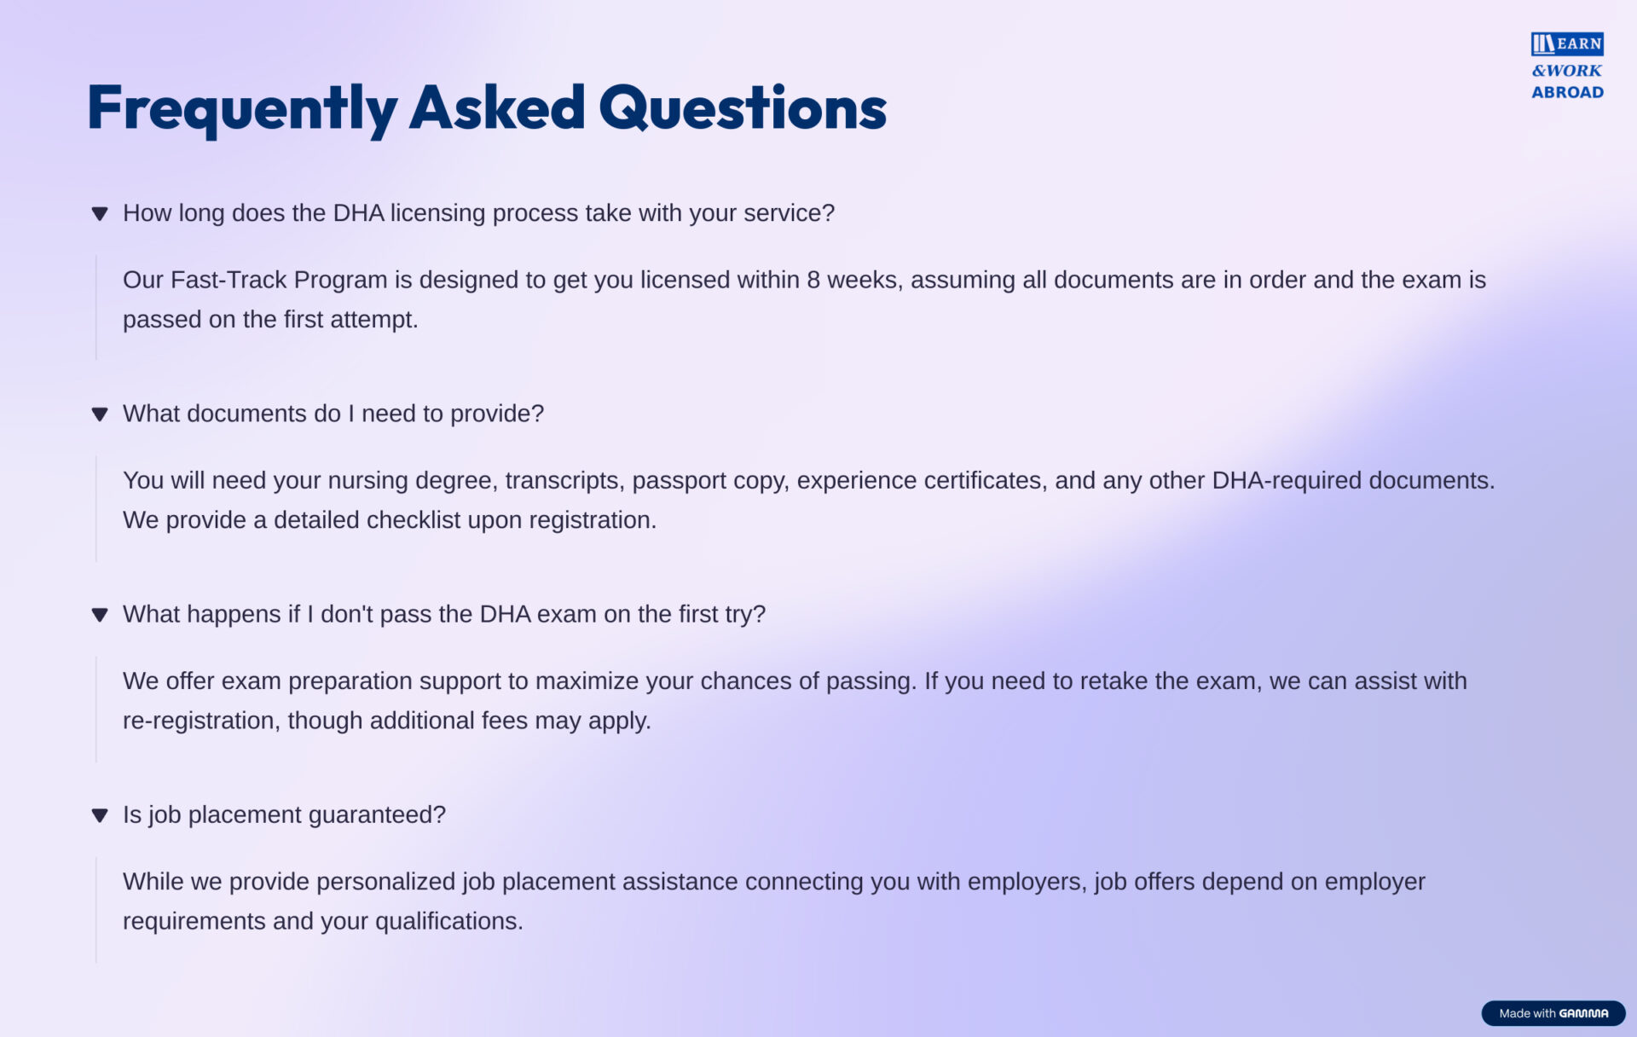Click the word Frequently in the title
point(242,109)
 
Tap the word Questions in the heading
point(743,108)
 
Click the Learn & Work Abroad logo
point(1567,67)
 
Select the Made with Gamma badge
point(1553,1013)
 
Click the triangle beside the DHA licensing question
point(100,214)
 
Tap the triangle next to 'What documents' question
point(100,414)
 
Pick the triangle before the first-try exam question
point(100,615)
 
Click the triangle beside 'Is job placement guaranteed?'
point(100,815)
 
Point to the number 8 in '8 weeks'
point(813,280)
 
